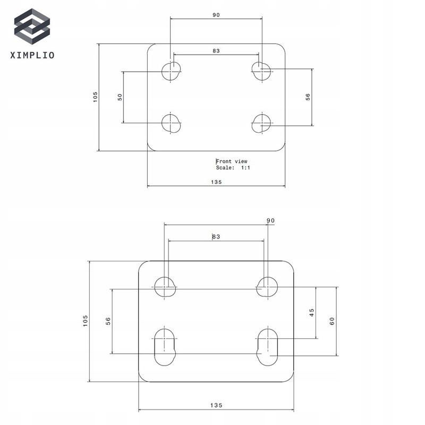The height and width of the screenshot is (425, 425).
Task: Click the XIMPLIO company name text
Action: tap(32, 54)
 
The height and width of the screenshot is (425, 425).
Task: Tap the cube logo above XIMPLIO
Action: tap(32, 27)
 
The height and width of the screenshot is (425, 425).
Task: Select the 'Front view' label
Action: tap(232, 161)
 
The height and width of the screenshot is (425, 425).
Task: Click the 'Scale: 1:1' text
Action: tap(233, 168)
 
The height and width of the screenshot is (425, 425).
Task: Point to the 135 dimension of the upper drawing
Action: tap(216, 182)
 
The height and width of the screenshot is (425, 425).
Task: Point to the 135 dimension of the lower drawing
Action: tap(215, 405)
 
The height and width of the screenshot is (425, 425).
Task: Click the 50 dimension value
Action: tap(120, 97)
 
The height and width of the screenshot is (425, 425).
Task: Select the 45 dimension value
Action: tap(312, 313)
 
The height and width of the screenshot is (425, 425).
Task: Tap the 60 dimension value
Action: tap(332, 321)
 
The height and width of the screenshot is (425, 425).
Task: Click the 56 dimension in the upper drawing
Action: tap(308, 97)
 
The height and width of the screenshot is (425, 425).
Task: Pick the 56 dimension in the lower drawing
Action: tap(108, 321)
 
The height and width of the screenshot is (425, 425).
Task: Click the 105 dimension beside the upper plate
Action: tap(96, 97)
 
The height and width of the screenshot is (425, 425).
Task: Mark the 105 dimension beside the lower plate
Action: tap(86, 321)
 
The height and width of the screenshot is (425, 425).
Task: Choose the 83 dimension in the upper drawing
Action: tap(216, 51)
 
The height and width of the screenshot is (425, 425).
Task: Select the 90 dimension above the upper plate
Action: tap(216, 15)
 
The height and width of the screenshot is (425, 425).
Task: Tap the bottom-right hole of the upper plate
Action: tap(261, 123)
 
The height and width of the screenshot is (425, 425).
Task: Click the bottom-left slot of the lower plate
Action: tap(165, 345)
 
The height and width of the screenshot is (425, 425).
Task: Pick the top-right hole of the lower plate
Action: tap(267, 287)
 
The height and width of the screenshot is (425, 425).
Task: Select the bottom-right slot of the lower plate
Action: tap(267, 345)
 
